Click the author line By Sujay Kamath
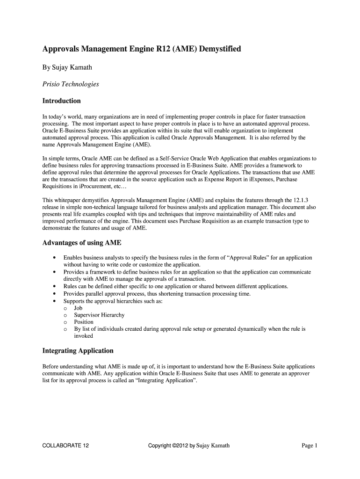[67, 67]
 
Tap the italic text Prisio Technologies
[71, 84]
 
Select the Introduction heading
[62, 101]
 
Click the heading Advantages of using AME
[82, 243]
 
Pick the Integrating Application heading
[78, 350]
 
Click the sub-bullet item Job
[78, 308]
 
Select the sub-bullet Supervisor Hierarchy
[99, 315]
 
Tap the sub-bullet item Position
[84, 322]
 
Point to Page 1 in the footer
[310, 445]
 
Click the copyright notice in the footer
[188, 445]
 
